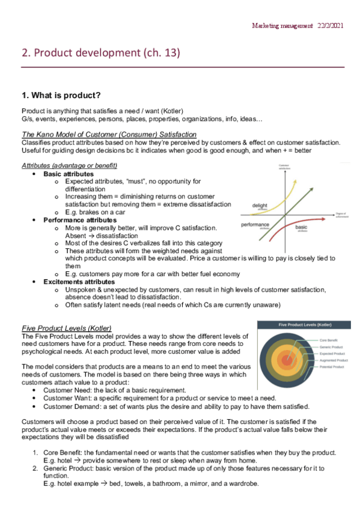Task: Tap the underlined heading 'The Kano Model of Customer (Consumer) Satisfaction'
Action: pos(109,134)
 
